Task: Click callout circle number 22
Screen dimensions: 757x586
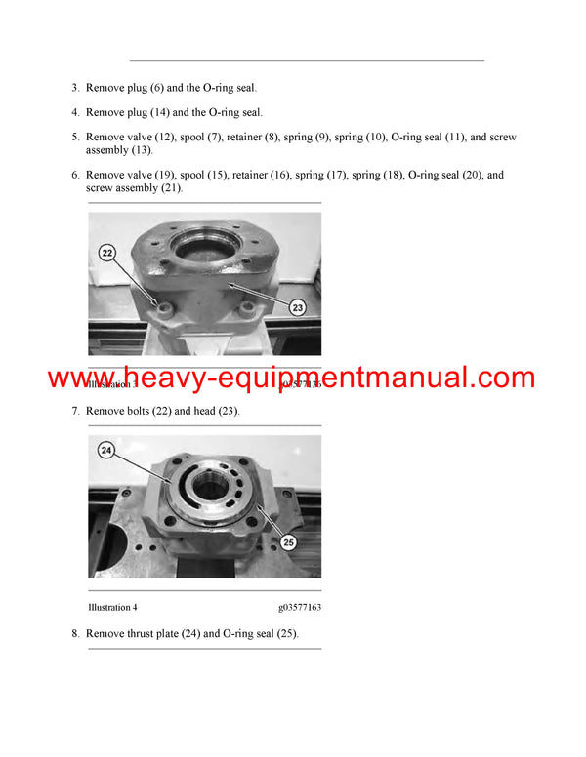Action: coord(107,253)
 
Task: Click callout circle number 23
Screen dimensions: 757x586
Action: coord(298,307)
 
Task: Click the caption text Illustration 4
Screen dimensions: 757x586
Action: coord(111,607)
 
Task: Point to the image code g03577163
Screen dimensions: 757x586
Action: coord(299,607)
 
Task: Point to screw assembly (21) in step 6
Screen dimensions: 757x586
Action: coord(133,188)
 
